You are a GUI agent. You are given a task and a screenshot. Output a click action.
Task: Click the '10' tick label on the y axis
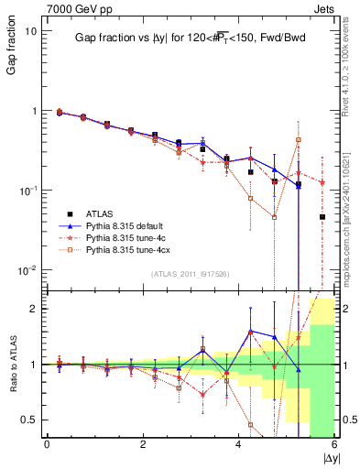click(x=29, y=31)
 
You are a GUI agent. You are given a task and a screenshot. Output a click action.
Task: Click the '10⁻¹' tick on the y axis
click(x=27, y=190)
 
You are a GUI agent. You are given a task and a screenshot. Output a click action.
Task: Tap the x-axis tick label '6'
click(x=334, y=444)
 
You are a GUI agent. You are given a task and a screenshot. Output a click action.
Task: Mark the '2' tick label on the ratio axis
click(x=33, y=309)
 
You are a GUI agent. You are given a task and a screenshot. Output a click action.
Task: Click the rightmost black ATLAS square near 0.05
click(x=322, y=217)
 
